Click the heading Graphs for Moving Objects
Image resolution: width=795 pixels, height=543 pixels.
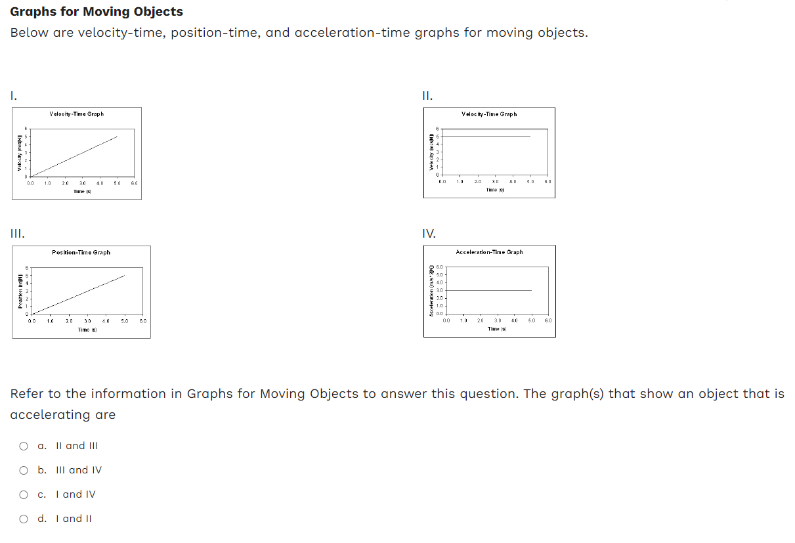point(97,12)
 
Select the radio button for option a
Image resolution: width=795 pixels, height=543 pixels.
point(24,446)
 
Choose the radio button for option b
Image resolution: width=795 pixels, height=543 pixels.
point(24,470)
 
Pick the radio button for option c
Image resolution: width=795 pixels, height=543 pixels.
point(24,494)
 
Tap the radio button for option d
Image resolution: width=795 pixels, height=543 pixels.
point(24,519)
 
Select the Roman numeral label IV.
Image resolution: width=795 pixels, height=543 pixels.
point(429,233)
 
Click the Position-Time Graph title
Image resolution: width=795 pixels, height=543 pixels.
point(81,253)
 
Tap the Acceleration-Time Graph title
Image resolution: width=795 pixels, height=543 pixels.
point(489,252)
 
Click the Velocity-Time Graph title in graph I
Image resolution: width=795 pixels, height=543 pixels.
point(76,114)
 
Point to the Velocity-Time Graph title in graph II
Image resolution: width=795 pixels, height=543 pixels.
point(489,114)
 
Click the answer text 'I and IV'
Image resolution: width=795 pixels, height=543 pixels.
point(75,494)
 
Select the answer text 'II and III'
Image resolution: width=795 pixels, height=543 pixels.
point(77,446)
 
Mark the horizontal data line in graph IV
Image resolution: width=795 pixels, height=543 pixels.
point(489,290)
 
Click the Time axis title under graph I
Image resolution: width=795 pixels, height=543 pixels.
point(81,191)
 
